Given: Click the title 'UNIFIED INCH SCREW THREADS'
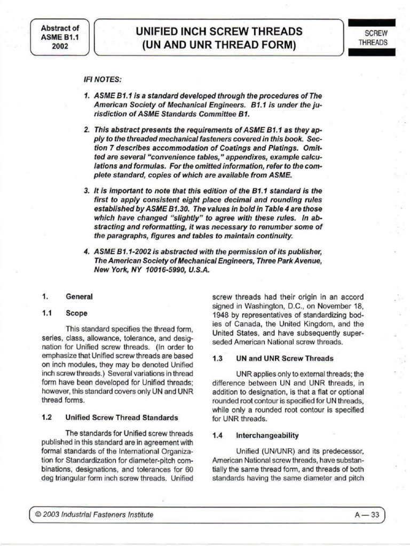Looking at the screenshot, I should pos(219,31).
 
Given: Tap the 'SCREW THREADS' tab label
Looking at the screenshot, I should pos(373,38).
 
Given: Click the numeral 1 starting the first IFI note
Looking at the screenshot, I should pos(86,94).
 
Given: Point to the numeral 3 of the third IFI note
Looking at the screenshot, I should pos(86,190).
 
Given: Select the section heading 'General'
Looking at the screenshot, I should pos(79,296).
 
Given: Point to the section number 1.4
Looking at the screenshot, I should pos(217,435).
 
